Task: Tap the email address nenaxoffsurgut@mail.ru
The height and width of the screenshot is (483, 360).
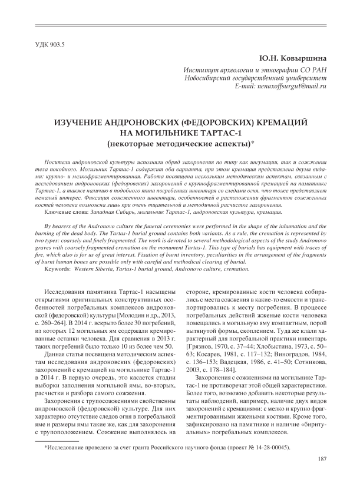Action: coord(289,86)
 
